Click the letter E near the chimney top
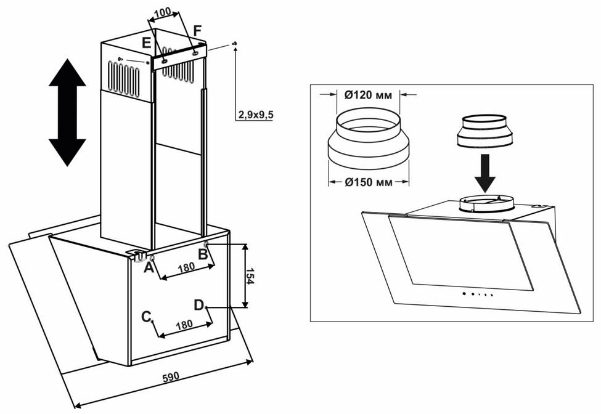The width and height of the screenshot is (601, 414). [x=147, y=43]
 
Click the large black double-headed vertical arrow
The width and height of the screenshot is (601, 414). [x=67, y=113]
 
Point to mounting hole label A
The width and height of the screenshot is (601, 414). [x=149, y=268]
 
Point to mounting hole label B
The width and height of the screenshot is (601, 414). [x=203, y=254]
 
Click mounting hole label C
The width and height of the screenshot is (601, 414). [x=146, y=317]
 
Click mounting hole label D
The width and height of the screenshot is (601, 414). [x=198, y=305]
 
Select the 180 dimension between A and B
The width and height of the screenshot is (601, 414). [x=186, y=267]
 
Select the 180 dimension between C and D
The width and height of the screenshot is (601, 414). [x=184, y=325]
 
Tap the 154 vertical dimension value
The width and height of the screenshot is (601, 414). [x=250, y=276]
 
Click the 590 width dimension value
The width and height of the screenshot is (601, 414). [x=171, y=377]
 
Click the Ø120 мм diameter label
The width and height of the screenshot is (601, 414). [x=369, y=95]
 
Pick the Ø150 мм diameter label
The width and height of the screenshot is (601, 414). [x=369, y=182]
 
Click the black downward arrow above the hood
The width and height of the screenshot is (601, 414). [x=485, y=173]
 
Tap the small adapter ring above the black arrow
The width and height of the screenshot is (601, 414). [x=485, y=131]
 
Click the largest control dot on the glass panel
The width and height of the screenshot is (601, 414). [x=464, y=294]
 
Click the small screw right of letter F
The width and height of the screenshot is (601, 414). [x=235, y=44]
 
